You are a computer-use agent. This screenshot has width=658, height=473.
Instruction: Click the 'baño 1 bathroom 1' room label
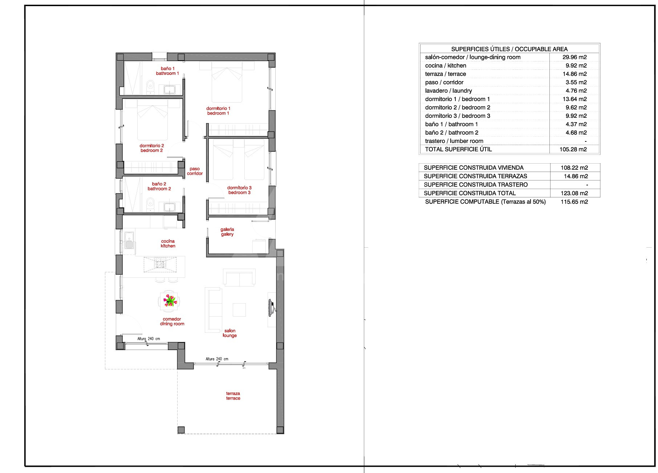[168, 71]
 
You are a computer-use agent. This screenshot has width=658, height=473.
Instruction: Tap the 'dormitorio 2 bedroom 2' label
[152, 148]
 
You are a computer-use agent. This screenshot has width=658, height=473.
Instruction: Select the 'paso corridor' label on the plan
[195, 171]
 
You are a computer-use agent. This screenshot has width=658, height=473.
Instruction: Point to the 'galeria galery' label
[227, 232]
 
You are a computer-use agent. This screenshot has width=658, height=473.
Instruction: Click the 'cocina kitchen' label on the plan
[168, 244]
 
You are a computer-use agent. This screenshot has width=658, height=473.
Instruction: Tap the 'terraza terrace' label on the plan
[233, 396]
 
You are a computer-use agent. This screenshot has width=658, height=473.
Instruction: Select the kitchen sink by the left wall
[129, 240]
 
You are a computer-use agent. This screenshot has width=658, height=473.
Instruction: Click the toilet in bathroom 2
[150, 204]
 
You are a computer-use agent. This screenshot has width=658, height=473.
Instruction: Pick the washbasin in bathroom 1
[170, 89]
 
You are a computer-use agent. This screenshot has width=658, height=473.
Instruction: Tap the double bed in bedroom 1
[227, 82]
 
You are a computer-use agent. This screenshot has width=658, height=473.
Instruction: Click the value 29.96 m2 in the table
[574, 57]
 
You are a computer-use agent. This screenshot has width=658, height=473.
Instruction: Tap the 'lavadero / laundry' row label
[448, 91]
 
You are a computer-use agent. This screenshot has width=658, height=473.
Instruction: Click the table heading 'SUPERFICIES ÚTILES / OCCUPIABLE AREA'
[509, 49]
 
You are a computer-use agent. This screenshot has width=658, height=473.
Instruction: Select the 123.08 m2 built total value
[574, 193]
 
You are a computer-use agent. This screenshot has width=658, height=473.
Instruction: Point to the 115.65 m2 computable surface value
[574, 202]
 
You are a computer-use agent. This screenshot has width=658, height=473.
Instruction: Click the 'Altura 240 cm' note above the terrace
[217, 359]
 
